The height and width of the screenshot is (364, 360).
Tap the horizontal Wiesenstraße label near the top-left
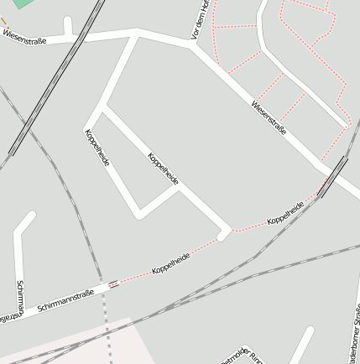(x=24, y=37)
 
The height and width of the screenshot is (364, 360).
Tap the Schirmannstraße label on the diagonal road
(x=65, y=302)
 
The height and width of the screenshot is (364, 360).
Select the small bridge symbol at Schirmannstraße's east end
(x=113, y=283)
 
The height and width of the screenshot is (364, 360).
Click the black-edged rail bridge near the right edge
(x=334, y=176)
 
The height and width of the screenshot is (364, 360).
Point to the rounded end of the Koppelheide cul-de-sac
(x=223, y=235)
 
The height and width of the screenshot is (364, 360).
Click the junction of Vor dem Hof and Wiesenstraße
(x=193, y=46)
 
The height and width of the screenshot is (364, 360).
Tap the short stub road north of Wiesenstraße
(x=67, y=26)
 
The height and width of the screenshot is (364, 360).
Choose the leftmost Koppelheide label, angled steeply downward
(x=97, y=148)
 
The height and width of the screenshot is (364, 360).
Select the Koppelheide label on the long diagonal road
(x=163, y=169)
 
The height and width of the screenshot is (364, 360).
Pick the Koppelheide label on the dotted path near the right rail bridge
(x=285, y=214)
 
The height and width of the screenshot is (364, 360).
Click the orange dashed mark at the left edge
(x=4, y=20)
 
